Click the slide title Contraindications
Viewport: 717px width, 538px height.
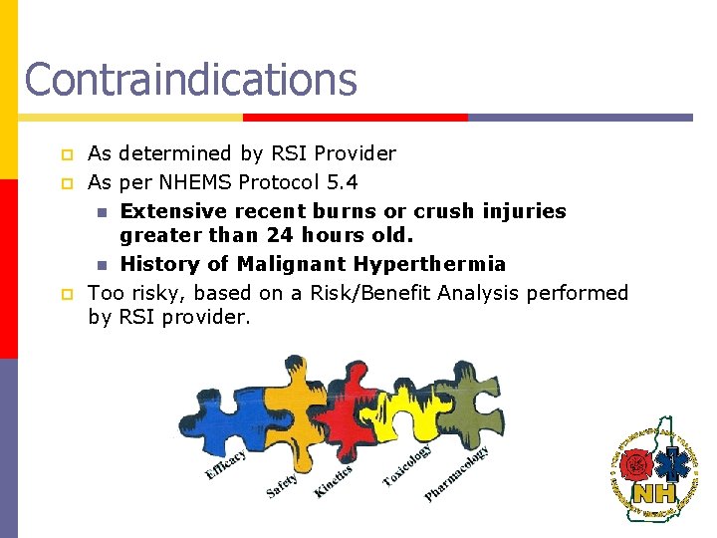tap(190, 79)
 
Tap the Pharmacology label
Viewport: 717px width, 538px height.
tap(456, 474)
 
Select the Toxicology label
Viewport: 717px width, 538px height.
tap(407, 465)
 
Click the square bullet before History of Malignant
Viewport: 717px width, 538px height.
tap(101, 265)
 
